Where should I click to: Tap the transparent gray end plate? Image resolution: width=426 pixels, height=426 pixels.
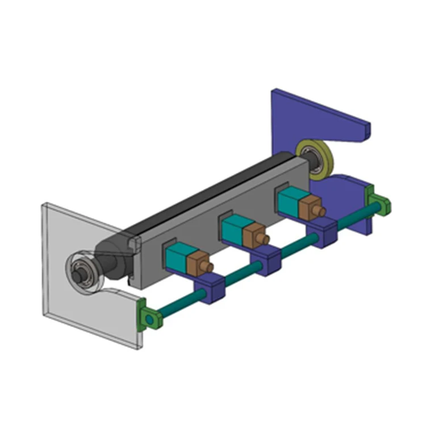(x=62, y=307)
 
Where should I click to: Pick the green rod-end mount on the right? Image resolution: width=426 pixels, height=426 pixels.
(x=378, y=201)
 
